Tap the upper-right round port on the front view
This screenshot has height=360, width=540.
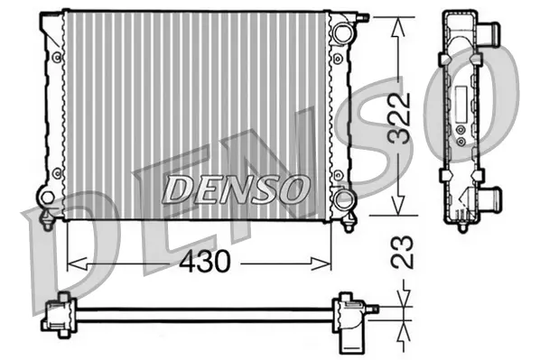[x=340, y=34]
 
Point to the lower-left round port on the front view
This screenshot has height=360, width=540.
[x=47, y=197]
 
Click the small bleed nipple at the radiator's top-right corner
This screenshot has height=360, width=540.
[x=363, y=16]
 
